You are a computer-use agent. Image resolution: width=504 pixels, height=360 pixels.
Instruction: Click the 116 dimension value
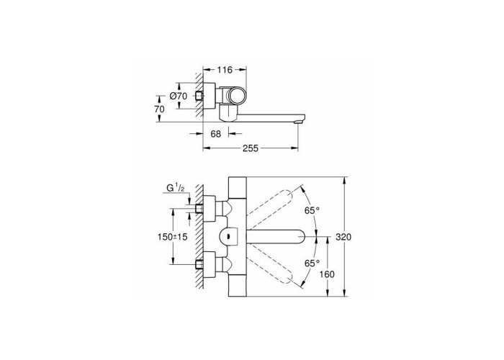point(225,70)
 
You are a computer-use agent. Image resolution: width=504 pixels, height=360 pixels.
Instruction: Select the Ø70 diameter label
point(178,96)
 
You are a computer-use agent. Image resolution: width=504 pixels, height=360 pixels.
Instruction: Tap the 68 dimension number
point(216,134)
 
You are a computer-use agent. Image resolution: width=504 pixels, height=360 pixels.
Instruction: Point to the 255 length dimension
point(251,148)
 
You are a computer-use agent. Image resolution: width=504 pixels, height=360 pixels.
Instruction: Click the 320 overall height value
point(343,237)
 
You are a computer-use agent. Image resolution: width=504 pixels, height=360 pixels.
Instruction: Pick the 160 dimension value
point(327,274)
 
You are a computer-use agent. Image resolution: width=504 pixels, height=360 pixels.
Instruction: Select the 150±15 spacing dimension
point(173,237)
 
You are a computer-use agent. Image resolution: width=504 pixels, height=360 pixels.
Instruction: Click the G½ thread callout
point(175,189)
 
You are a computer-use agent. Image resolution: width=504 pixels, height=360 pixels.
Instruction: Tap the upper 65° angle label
point(312,210)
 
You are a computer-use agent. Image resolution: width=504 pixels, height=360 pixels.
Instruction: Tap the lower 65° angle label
point(312,264)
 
